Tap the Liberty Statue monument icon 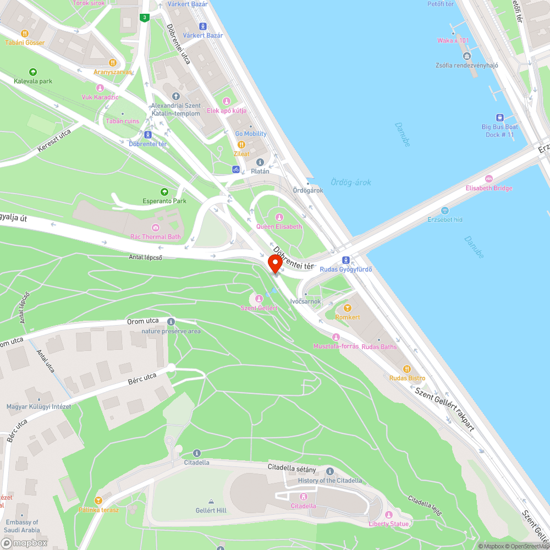[x=389, y=515]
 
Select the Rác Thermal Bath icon [x=156, y=228]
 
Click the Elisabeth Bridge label [x=489, y=188]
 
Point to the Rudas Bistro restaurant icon [x=407, y=369]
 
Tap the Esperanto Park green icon [x=164, y=191]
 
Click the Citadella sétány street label [x=292, y=469]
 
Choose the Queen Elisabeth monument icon [x=279, y=217]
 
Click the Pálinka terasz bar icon [x=98, y=501]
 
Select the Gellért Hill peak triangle [x=211, y=501]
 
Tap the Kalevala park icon [x=33, y=71]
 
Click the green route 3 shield [x=144, y=18]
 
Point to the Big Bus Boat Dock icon [x=500, y=117]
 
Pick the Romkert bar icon [x=348, y=308]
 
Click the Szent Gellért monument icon [x=258, y=298]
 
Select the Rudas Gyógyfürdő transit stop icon [x=345, y=260]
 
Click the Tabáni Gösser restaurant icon [x=24, y=33]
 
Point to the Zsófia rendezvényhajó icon [x=467, y=56]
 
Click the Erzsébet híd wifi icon [x=445, y=210]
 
